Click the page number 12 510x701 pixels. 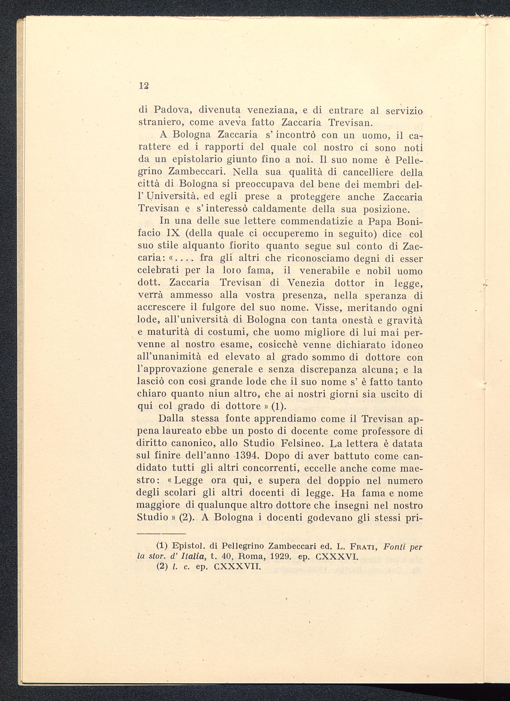coord(144,86)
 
